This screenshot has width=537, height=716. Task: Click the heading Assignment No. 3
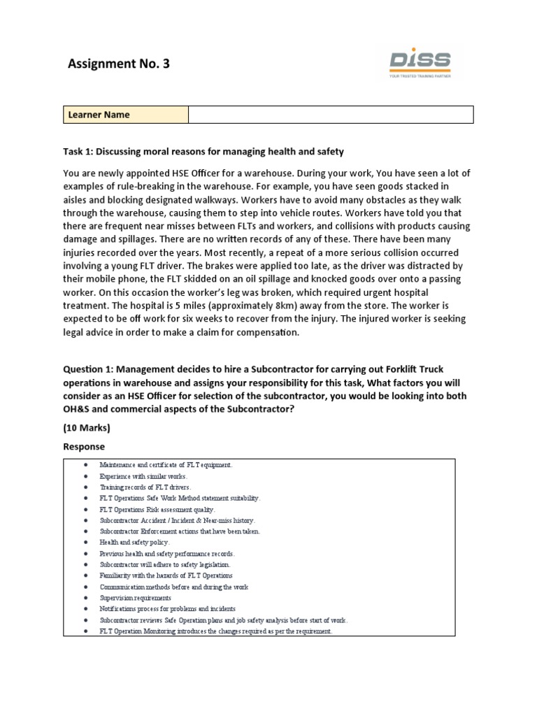(118, 64)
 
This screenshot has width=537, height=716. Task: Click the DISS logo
(420, 64)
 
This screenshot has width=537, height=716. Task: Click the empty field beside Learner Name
(331, 115)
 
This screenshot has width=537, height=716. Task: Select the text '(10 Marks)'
(87, 428)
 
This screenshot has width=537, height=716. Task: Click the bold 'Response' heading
(84, 446)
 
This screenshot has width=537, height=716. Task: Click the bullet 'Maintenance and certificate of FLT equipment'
(166, 464)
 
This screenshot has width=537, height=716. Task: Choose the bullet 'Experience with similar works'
(143, 476)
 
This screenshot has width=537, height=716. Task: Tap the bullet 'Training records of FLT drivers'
(145, 487)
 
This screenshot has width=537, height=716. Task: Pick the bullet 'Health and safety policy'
(134, 542)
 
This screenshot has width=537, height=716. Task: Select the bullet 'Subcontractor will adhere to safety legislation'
(164, 564)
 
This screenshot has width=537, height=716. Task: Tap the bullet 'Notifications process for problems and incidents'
(168, 609)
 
